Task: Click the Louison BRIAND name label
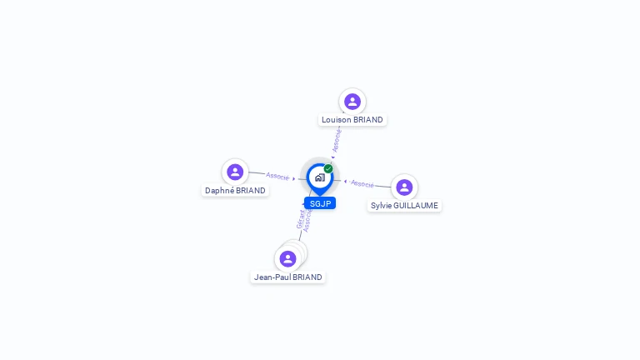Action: (x=352, y=120)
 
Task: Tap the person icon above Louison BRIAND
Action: (x=352, y=102)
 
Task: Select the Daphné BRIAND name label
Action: (x=235, y=191)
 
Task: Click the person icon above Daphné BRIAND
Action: (x=235, y=172)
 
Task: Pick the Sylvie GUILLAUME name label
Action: (x=404, y=206)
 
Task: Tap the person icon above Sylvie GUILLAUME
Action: (x=404, y=187)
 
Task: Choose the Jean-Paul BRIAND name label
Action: (x=287, y=277)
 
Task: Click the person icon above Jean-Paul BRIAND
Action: (x=287, y=258)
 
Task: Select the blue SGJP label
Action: (x=320, y=203)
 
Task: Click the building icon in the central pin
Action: (x=319, y=177)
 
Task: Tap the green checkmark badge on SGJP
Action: (x=328, y=169)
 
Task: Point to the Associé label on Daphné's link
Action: (x=277, y=176)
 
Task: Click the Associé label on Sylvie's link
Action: (x=362, y=183)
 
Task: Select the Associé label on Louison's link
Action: (x=337, y=141)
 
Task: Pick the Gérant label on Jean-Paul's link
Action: (x=300, y=218)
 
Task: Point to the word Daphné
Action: (x=219, y=191)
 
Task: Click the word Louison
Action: (x=336, y=120)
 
